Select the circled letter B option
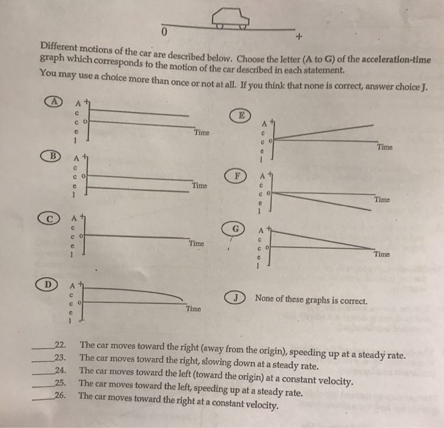(54, 155)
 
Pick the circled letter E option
(240, 115)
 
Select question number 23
(62, 358)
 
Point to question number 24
(61, 370)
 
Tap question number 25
(61, 382)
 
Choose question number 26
(61, 394)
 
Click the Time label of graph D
(193, 309)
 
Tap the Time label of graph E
(384, 147)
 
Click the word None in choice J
(266, 298)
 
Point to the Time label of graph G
(382, 255)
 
